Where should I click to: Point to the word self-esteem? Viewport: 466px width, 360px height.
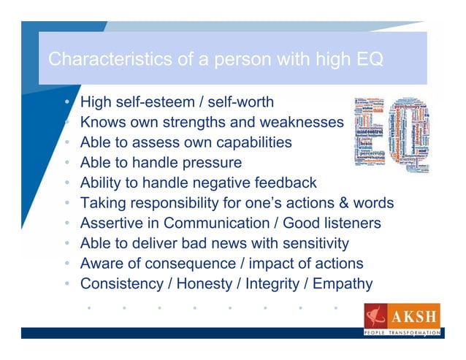tap(156, 101)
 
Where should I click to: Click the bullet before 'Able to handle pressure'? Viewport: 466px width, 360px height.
tap(68, 162)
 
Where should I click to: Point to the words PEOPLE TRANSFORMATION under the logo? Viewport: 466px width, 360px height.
tap(402, 333)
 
